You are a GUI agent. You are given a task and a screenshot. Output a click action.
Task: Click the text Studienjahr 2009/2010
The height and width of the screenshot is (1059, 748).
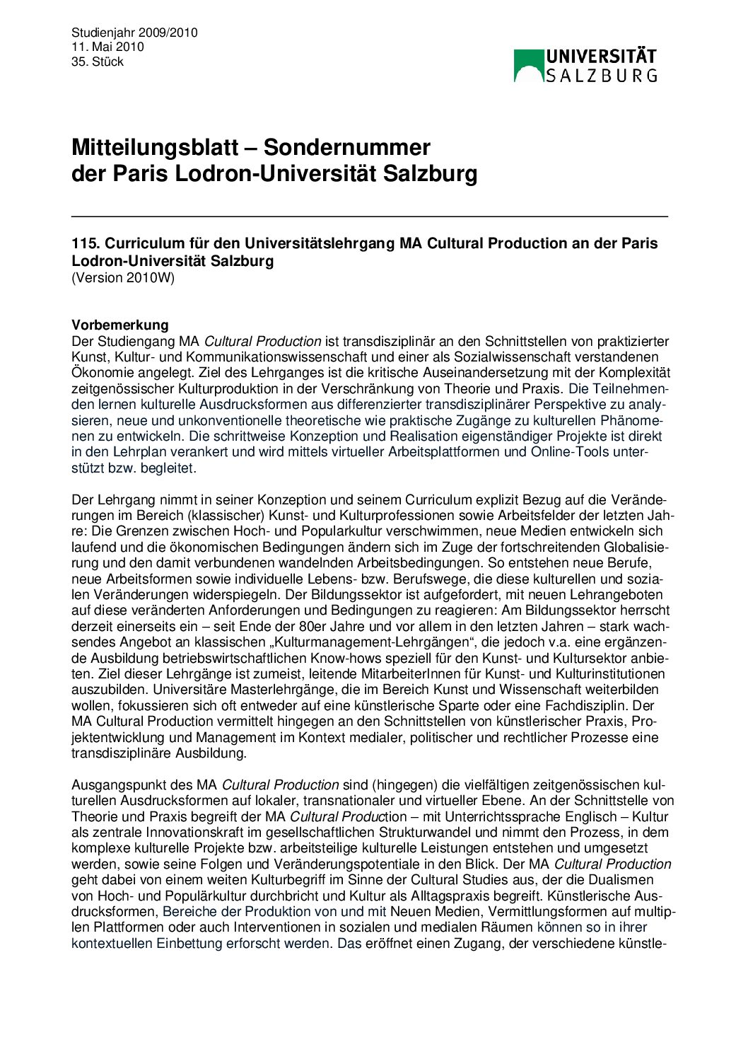(x=134, y=33)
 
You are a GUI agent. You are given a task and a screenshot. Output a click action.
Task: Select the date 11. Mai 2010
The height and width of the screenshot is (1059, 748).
(x=107, y=47)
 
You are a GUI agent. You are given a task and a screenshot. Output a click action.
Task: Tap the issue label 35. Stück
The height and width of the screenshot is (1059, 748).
(x=98, y=62)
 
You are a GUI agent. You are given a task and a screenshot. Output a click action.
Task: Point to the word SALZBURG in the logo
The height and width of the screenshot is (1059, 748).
(x=602, y=75)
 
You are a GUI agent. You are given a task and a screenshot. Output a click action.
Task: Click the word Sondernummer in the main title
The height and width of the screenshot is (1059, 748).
(x=347, y=147)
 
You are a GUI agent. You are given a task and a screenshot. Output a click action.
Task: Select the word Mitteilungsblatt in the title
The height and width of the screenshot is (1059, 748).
(x=155, y=147)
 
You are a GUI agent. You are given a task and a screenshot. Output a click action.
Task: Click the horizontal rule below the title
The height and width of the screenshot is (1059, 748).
(x=369, y=216)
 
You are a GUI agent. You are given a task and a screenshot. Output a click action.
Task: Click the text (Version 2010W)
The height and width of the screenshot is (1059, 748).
(x=123, y=277)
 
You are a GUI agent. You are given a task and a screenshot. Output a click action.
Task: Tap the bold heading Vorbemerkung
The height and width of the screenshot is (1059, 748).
(x=120, y=325)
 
